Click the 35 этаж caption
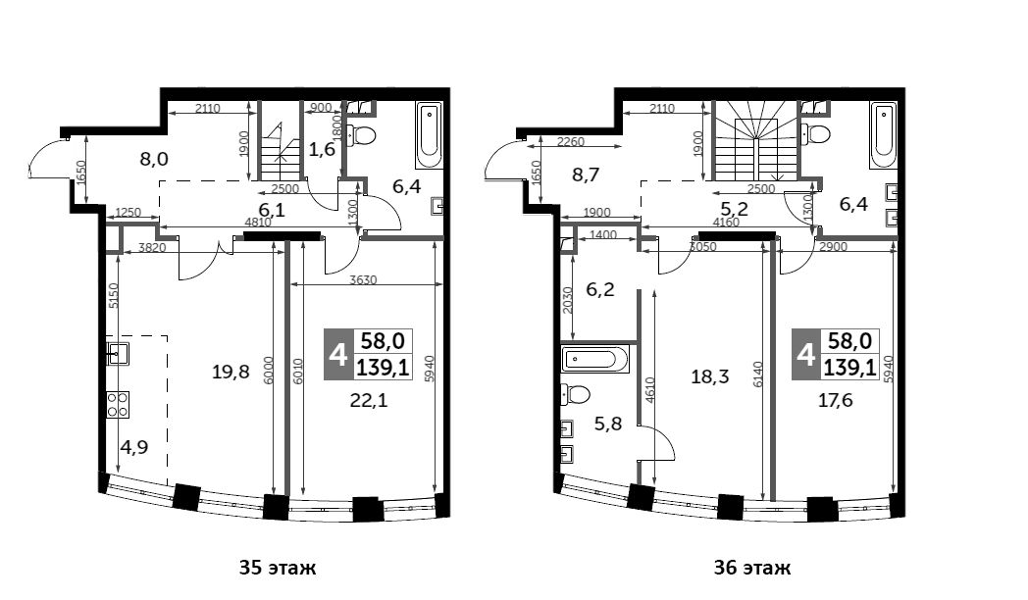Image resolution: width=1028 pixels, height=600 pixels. (278, 568)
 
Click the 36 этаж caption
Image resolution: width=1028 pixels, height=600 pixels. (752, 568)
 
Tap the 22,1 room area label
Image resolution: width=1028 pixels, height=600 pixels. (369, 400)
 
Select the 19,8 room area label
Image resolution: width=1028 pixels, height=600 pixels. (231, 372)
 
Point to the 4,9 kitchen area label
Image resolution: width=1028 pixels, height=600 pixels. (133, 447)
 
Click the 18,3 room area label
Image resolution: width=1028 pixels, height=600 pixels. (710, 376)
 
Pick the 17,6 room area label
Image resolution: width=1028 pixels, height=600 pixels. (836, 400)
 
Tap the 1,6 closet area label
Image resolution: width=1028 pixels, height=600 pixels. (322, 149)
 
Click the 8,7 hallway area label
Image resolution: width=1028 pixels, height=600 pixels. (586, 175)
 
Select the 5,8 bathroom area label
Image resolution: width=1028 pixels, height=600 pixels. (608, 424)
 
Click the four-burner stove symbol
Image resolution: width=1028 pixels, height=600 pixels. (118, 404)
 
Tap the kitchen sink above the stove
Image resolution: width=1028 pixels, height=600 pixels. (118, 354)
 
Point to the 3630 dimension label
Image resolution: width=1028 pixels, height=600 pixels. (363, 279)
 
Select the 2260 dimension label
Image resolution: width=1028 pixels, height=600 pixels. (570, 141)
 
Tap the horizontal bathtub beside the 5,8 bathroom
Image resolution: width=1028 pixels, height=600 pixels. (595, 358)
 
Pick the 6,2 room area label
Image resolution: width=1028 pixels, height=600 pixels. (600, 289)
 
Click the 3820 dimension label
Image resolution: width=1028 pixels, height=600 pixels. (152, 248)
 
